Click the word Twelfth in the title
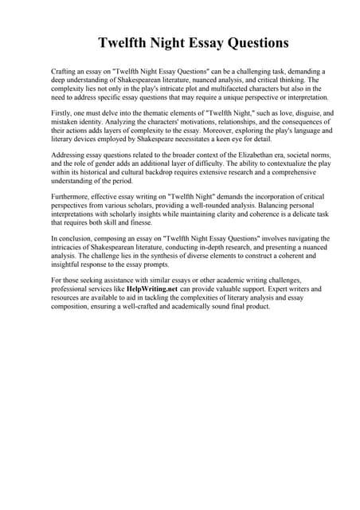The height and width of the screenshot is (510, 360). (x=123, y=42)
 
